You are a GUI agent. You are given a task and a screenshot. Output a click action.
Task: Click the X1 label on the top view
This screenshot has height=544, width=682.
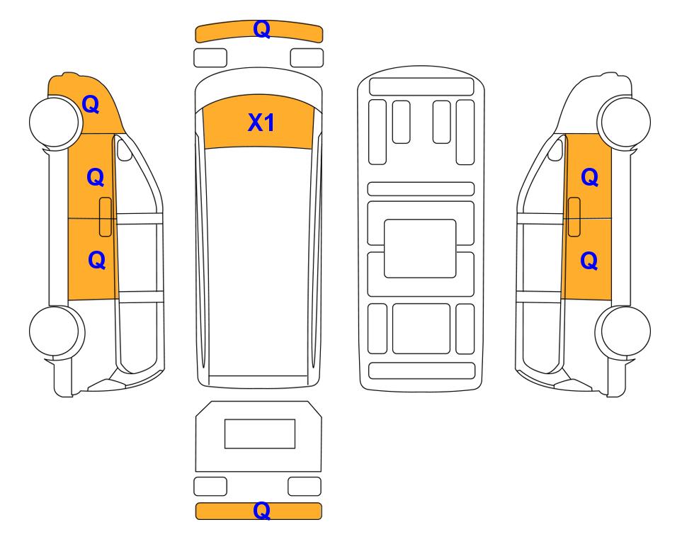pyautogui.click(x=261, y=123)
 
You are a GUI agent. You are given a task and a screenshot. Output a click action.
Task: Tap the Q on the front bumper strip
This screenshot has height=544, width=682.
pyautogui.click(x=262, y=29)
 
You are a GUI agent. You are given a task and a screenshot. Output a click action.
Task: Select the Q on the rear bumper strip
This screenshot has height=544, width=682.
pyautogui.click(x=262, y=511)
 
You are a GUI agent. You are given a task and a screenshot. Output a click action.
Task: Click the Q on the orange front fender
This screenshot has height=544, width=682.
pyautogui.click(x=91, y=104)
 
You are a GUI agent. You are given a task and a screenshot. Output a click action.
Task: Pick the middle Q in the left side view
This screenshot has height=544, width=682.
pyautogui.click(x=96, y=177)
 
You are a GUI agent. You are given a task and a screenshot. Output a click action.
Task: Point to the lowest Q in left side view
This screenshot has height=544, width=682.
pyautogui.click(x=96, y=260)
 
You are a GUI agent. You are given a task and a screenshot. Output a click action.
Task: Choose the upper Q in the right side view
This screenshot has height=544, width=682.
pyautogui.click(x=590, y=177)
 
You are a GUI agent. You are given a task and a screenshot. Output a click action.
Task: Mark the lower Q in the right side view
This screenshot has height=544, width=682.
pyautogui.click(x=589, y=261)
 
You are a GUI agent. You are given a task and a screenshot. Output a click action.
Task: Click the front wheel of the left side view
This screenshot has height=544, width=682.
pyautogui.click(x=55, y=122)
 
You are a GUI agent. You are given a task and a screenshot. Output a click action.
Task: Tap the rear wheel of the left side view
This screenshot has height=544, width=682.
pyautogui.click(x=57, y=331)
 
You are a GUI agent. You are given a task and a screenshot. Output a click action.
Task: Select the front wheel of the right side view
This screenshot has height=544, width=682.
pyautogui.click(x=624, y=122)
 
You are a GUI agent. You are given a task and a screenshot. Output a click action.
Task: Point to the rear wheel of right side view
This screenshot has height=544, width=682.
pyautogui.click(x=623, y=331)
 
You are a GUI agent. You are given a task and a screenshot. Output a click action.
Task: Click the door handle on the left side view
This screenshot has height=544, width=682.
pyautogui.click(x=106, y=217)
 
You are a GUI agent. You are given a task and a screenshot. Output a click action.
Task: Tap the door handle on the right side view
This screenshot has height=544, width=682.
pyautogui.click(x=574, y=217)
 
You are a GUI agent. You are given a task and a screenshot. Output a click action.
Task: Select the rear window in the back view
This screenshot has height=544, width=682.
pyautogui.click(x=260, y=433)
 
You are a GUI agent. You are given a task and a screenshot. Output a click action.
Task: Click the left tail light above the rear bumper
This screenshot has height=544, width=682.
pyautogui.click(x=210, y=486)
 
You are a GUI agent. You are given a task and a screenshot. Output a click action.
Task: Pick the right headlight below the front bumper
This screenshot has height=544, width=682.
pyautogui.click(x=307, y=58)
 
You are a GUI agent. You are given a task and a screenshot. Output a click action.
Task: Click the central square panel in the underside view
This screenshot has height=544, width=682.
pyautogui.click(x=420, y=249)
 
